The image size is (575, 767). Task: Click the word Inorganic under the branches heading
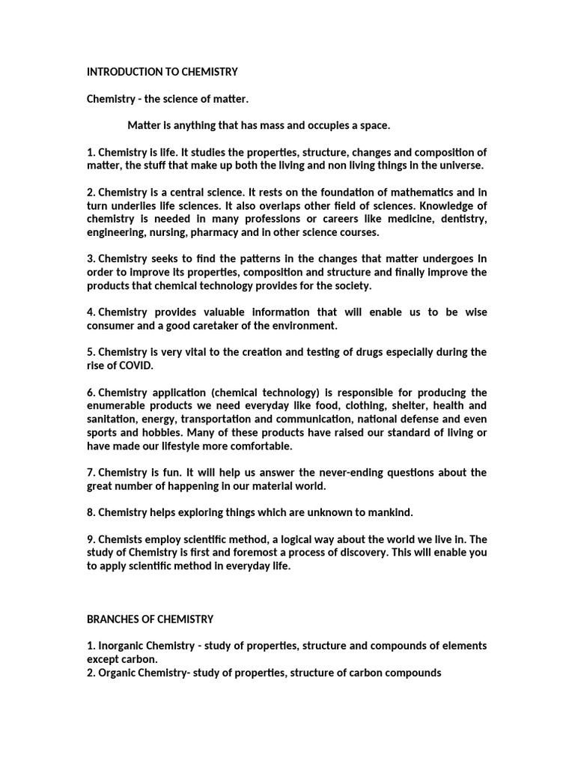122,646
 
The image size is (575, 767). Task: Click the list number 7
90,472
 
